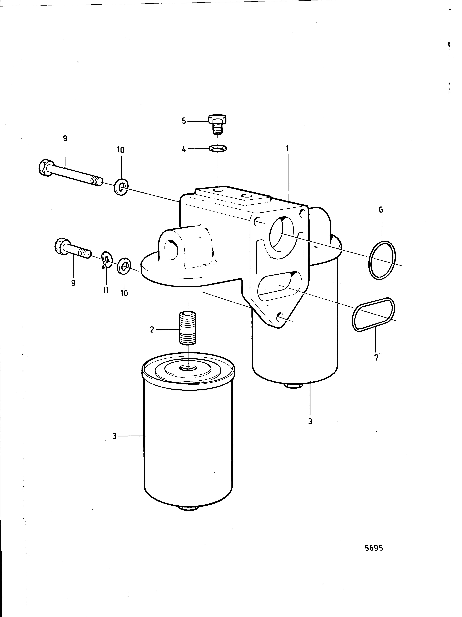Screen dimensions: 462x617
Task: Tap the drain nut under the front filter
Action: click(188, 508)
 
